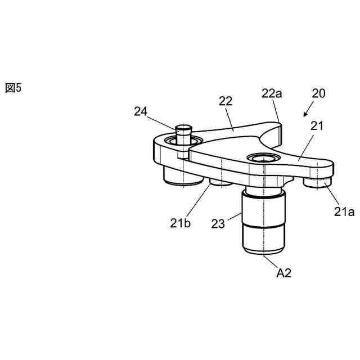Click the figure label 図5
13,88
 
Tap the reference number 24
141,111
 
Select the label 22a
271,93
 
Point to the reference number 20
318,93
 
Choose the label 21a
343,211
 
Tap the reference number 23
218,223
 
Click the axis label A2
283,273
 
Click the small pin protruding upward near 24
183,133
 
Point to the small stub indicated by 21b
220,183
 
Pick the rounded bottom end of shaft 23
263,251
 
